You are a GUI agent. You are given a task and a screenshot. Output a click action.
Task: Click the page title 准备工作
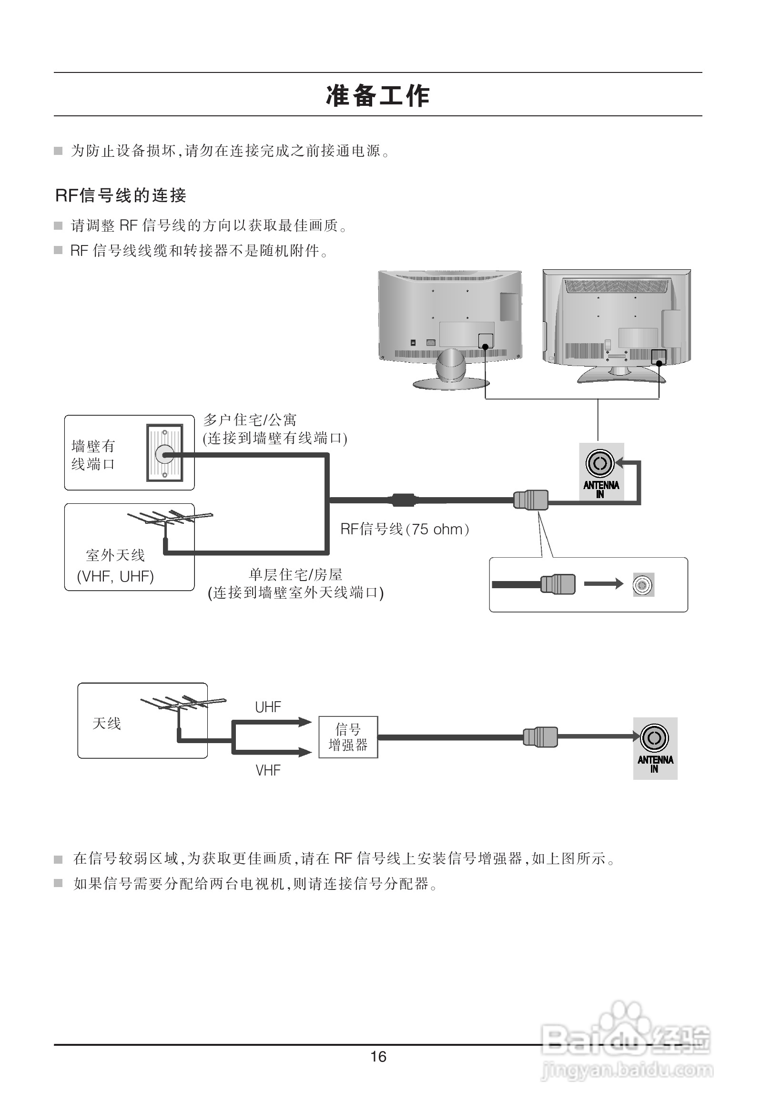pos(377,95)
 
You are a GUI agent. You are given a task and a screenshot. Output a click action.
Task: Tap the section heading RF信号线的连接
pos(121,195)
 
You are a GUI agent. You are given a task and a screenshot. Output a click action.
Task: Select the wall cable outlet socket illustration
pos(164,452)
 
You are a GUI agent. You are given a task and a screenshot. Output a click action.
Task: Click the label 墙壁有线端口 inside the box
pos(93,455)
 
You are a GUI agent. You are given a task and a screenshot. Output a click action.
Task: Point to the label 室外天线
pos(115,555)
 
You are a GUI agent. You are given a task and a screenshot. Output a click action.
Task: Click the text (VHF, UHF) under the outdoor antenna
pos(115,576)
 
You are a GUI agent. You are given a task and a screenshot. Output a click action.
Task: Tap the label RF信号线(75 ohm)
pos(405,529)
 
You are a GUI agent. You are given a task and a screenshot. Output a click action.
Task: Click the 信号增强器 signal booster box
pos(348,737)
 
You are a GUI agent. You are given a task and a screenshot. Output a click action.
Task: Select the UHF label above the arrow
pos(268,707)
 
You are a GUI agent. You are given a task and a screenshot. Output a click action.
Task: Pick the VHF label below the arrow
pos(268,770)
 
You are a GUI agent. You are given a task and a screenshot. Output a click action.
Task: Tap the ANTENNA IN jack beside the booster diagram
pos(654,738)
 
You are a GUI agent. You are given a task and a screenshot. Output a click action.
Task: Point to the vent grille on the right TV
pos(616,286)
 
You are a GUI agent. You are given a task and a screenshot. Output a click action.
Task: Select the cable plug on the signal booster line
pos(540,737)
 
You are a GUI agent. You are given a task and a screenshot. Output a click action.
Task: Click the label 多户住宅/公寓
pos(250,420)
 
